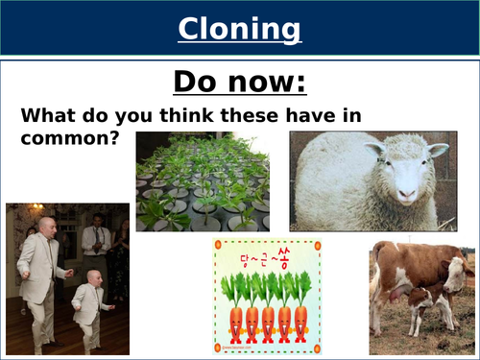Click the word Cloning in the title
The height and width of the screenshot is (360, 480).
click(240, 29)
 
